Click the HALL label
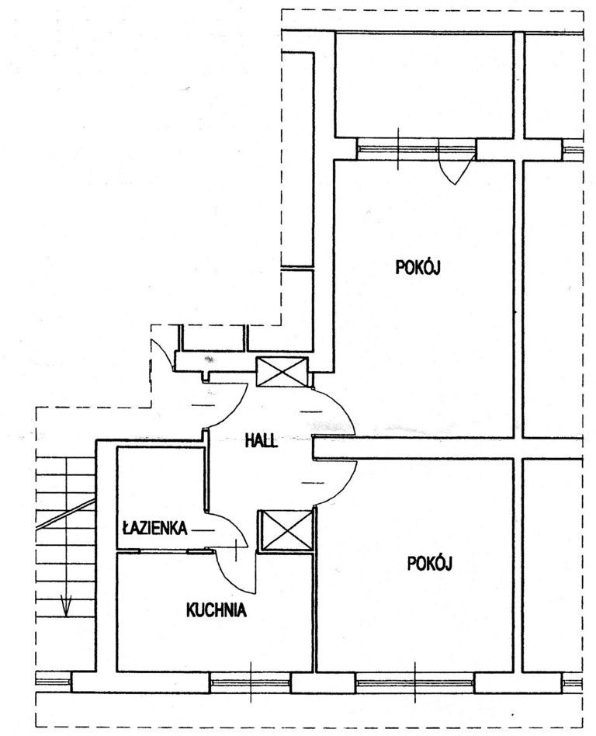coord(262,441)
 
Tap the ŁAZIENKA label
coord(155,528)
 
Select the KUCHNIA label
coord(217,609)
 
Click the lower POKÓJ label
coord(429,563)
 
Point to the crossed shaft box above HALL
coord(282,372)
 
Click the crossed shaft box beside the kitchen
coord(286,530)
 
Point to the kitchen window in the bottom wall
coord(251,682)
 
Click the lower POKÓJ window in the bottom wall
coord(415,683)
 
